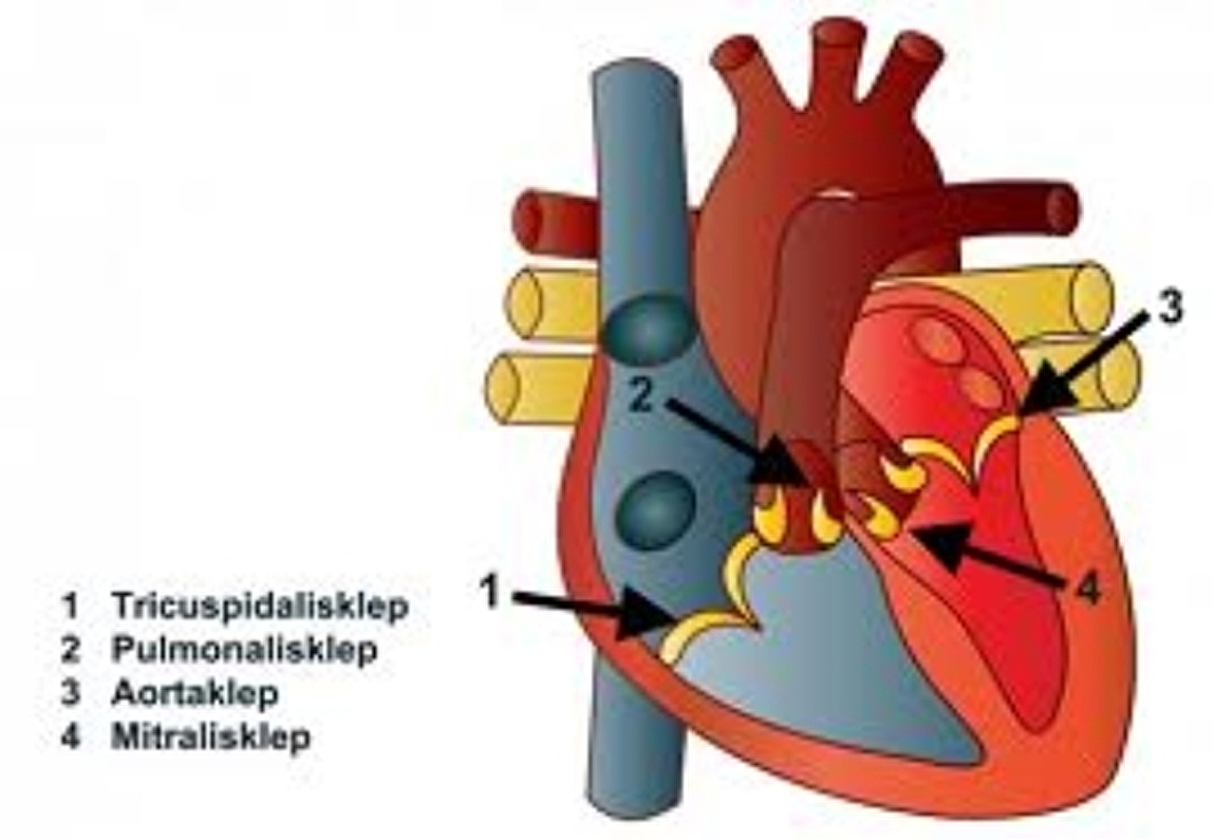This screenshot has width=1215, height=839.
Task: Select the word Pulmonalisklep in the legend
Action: pos(244,650)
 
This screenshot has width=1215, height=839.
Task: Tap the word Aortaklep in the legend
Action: pos(195,694)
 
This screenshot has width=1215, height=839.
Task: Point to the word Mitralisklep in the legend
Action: pos(211,737)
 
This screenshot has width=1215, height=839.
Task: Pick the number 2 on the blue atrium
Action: pos(643,397)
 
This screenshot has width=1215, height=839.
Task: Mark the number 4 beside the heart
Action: pos(1088,591)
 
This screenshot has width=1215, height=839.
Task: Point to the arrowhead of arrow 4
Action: pos(935,541)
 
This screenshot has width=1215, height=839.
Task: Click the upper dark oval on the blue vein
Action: pos(648,326)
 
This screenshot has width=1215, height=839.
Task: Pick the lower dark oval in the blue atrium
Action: pos(655,509)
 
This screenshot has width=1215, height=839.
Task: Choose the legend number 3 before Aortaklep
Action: pos(69,694)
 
